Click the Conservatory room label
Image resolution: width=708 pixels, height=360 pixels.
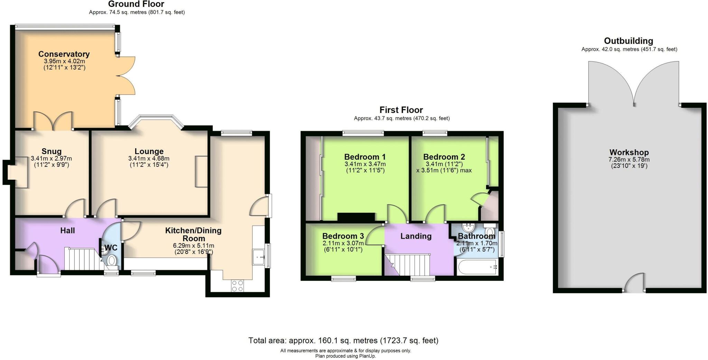click(x=64, y=54)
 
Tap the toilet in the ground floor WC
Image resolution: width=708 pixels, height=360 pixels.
click(x=112, y=261)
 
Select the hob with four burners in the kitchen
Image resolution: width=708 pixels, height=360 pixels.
click(x=237, y=286)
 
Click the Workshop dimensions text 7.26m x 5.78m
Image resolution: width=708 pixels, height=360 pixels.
click(x=629, y=160)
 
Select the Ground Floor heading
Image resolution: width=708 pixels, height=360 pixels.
click(x=136, y=4)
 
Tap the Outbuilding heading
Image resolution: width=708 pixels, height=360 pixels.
click(x=628, y=41)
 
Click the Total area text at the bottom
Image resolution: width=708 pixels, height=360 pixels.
click(x=343, y=341)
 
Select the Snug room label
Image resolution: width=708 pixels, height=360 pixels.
click(x=52, y=151)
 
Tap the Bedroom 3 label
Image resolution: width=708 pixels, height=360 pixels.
click(x=343, y=236)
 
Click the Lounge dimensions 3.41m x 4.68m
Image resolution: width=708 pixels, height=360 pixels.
click(x=149, y=159)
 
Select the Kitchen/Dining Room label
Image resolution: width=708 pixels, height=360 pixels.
click(x=193, y=234)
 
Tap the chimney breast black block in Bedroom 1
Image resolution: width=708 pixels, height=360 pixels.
click(x=356, y=217)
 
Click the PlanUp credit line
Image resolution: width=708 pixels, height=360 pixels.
click(x=345, y=356)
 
